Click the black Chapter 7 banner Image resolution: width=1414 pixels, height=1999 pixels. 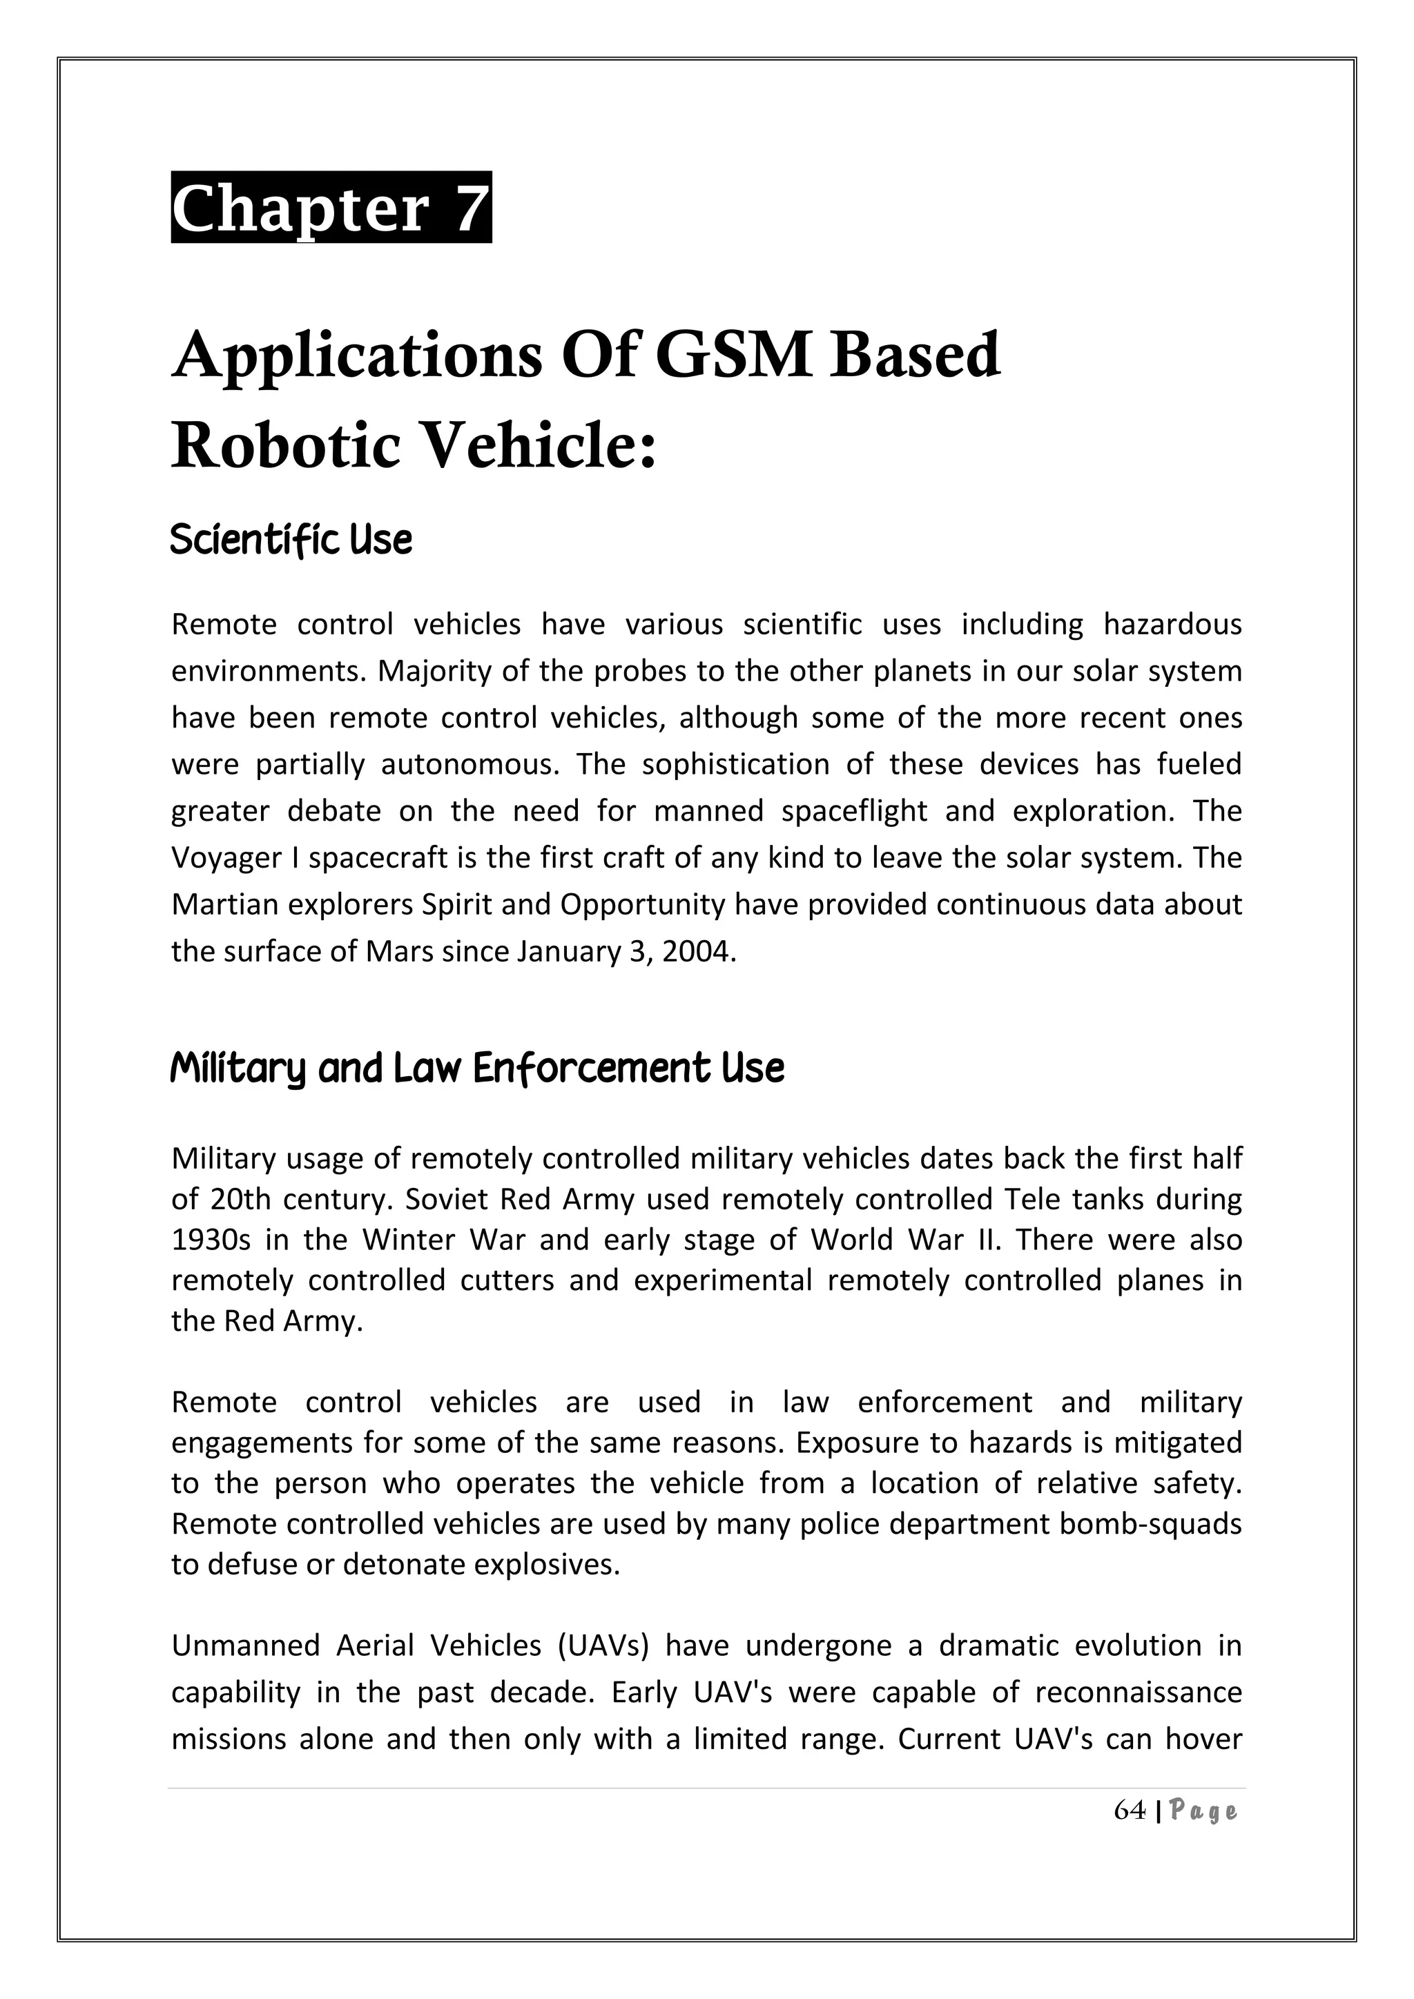click(331, 207)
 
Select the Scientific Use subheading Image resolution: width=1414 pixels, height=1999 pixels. click(291, 540)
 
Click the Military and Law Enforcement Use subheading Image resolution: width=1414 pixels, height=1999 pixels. click(477, 1069)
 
